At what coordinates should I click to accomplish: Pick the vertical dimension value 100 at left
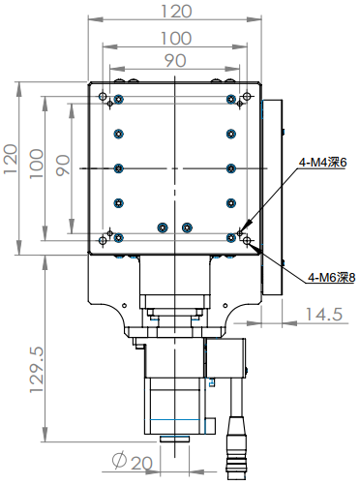click(38, 161)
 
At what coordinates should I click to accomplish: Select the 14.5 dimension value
click(323, 314)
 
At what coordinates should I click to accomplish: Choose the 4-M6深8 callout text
click(331, 278)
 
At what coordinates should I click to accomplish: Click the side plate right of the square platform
click(273, 194)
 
